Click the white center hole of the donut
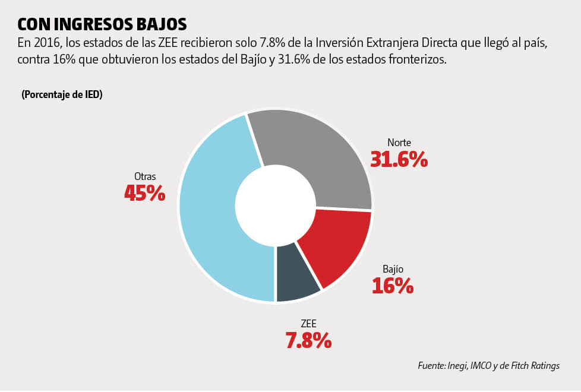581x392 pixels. (x=275, y=206)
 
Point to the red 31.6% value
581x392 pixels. (x=399, y=159)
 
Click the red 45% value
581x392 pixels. (x=144, y=193)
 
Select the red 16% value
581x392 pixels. (x=393, y=286)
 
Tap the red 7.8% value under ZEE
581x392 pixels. (x=308, y=340)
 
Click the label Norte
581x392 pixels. (x=399, y=143)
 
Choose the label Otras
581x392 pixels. (x=145, y=176)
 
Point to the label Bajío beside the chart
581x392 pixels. (x=393, y=269)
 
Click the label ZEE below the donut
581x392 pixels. (x=308, y=324)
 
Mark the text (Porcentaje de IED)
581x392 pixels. (x=62, y=95)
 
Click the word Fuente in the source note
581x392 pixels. (x=431, y=366)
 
